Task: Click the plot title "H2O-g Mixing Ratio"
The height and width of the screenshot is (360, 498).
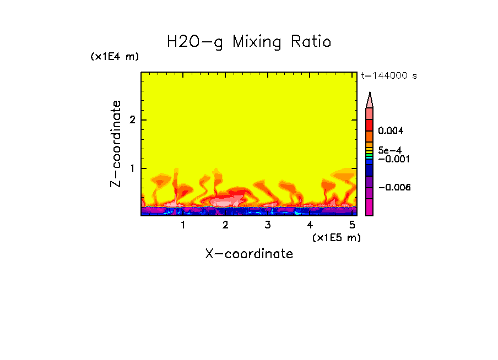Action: [249, 42]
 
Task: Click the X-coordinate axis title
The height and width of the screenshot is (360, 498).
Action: [249, 254]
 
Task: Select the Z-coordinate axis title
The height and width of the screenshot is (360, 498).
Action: [116, 144]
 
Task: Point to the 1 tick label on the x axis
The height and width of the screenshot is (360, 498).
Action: [183, 226]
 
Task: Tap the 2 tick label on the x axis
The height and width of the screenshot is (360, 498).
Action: [225, 226]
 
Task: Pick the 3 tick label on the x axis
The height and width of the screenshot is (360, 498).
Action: [267, 226]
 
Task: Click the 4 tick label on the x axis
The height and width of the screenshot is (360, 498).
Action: [310, 226]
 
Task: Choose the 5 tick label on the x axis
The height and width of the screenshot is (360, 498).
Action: [352, 226]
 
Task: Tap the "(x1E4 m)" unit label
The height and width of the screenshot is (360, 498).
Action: [115, 57]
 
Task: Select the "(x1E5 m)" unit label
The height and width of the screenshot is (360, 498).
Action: [336, 237]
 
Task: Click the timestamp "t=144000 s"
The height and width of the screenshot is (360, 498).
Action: [388, 75]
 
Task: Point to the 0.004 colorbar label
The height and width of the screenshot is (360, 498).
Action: [392, 131]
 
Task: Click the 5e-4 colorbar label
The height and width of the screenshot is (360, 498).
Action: [389, 150]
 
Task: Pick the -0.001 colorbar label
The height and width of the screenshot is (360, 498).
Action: [392, 159]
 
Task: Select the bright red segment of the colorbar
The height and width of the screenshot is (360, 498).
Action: [370, 125]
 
